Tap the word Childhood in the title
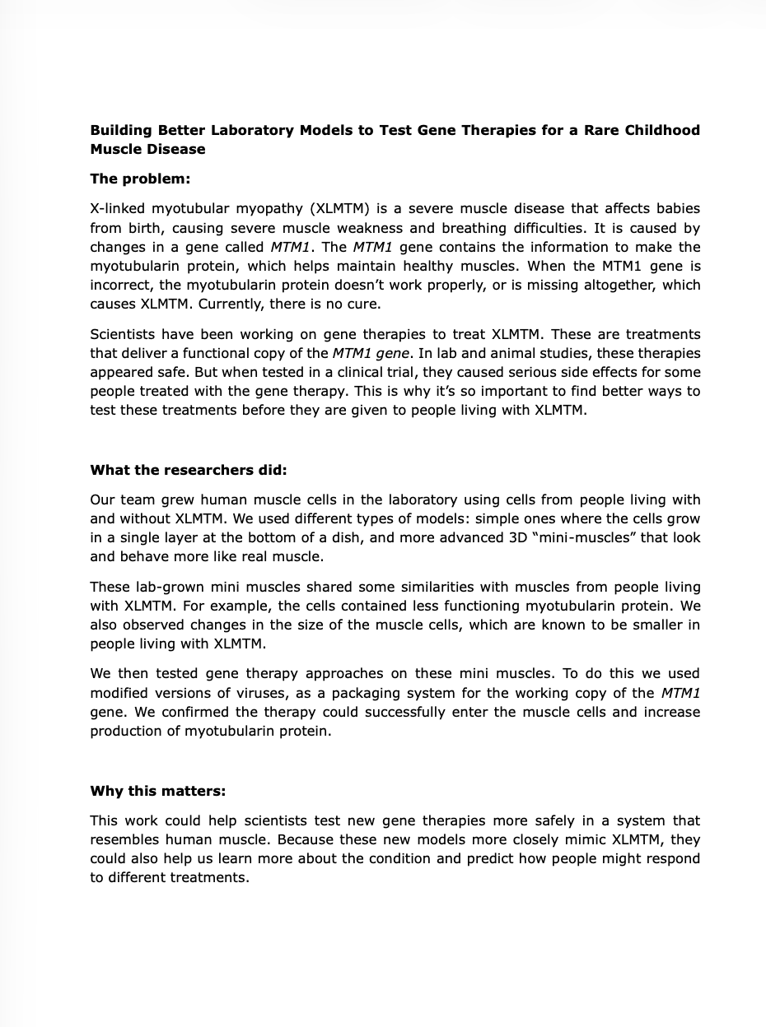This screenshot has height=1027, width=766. pos(662,130)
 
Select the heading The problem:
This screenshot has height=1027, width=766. pos(140,179)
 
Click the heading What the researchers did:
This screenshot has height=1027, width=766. pos(188,470)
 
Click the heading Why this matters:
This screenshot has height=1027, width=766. pos(157,791)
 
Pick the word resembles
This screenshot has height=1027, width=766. pos(124,839)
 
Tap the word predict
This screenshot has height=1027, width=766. pos(520,858)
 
